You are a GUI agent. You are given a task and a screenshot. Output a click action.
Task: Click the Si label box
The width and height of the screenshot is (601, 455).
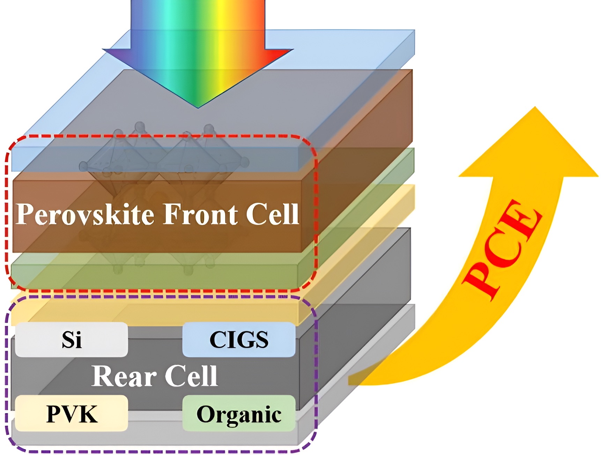click(x=72, y=340)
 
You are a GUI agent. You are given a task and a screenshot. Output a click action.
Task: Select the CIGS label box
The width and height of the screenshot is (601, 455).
click(x=239, y=340)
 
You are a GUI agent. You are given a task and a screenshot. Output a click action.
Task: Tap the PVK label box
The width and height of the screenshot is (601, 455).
click(x=72, y=414)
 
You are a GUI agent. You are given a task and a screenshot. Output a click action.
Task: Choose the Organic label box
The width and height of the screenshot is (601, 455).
click(x=239, y=414)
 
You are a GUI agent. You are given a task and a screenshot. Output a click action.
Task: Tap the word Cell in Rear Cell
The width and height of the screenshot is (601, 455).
click(x=191, y=376)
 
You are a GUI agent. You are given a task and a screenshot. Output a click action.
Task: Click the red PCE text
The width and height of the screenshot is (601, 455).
click(x=503, y=249)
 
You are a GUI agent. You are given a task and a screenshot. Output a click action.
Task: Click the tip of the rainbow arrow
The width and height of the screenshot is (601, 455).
click(x=198, y=107)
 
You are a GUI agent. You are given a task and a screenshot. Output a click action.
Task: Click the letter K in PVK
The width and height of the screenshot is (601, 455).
click(x=89, y=414)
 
